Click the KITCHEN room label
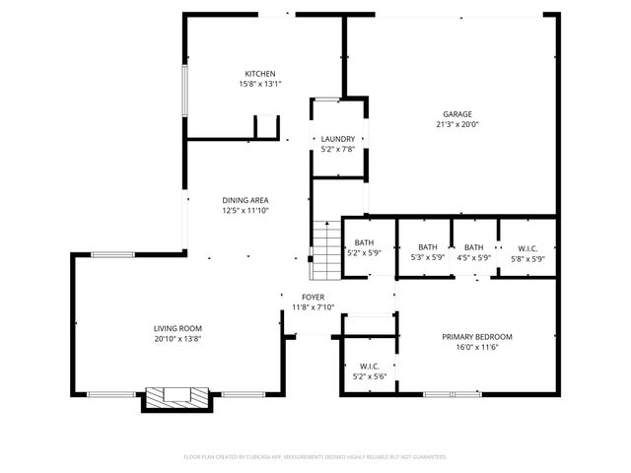click(260, 74)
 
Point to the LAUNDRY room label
click(338, 139)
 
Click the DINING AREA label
click(245, 200)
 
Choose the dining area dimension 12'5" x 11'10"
click(245, 211)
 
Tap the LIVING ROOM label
click(177, 328)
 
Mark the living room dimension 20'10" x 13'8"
click(177, 339)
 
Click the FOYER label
click(313, 297)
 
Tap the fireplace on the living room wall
click(177, 397)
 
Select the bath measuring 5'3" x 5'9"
click(427, 252)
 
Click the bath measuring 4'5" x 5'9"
click(474, 252)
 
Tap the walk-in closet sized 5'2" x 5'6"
click(369, 371)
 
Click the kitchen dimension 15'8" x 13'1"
click(260, 85)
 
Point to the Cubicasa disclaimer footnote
click(315, 457)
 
